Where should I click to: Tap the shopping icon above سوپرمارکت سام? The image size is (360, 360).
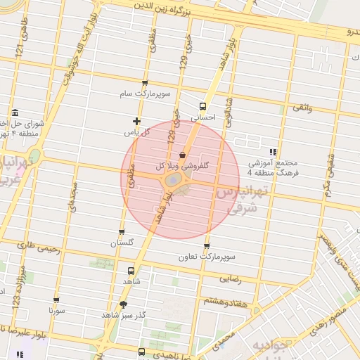[x=145, y=83]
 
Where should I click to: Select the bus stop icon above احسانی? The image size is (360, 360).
[x=203, y=106]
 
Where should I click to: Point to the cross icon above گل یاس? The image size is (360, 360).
[x=137, y=121]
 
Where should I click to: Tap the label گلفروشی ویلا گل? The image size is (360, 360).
[x=186, y=167]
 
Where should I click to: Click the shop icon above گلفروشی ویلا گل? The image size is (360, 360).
[x=183, y=154]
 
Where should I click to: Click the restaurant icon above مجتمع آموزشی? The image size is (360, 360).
[x=272, y=151]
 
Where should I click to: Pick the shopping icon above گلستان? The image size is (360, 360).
[x=122, y=231]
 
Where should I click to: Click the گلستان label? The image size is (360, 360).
[x=122, y=243]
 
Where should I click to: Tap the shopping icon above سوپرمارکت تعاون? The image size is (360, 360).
[x=207, y=245]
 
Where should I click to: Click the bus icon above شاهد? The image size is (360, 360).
[x=131, y=271]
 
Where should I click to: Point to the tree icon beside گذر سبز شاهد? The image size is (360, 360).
[x=124, y=304]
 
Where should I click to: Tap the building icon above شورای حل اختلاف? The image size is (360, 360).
[x=15, y=112]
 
